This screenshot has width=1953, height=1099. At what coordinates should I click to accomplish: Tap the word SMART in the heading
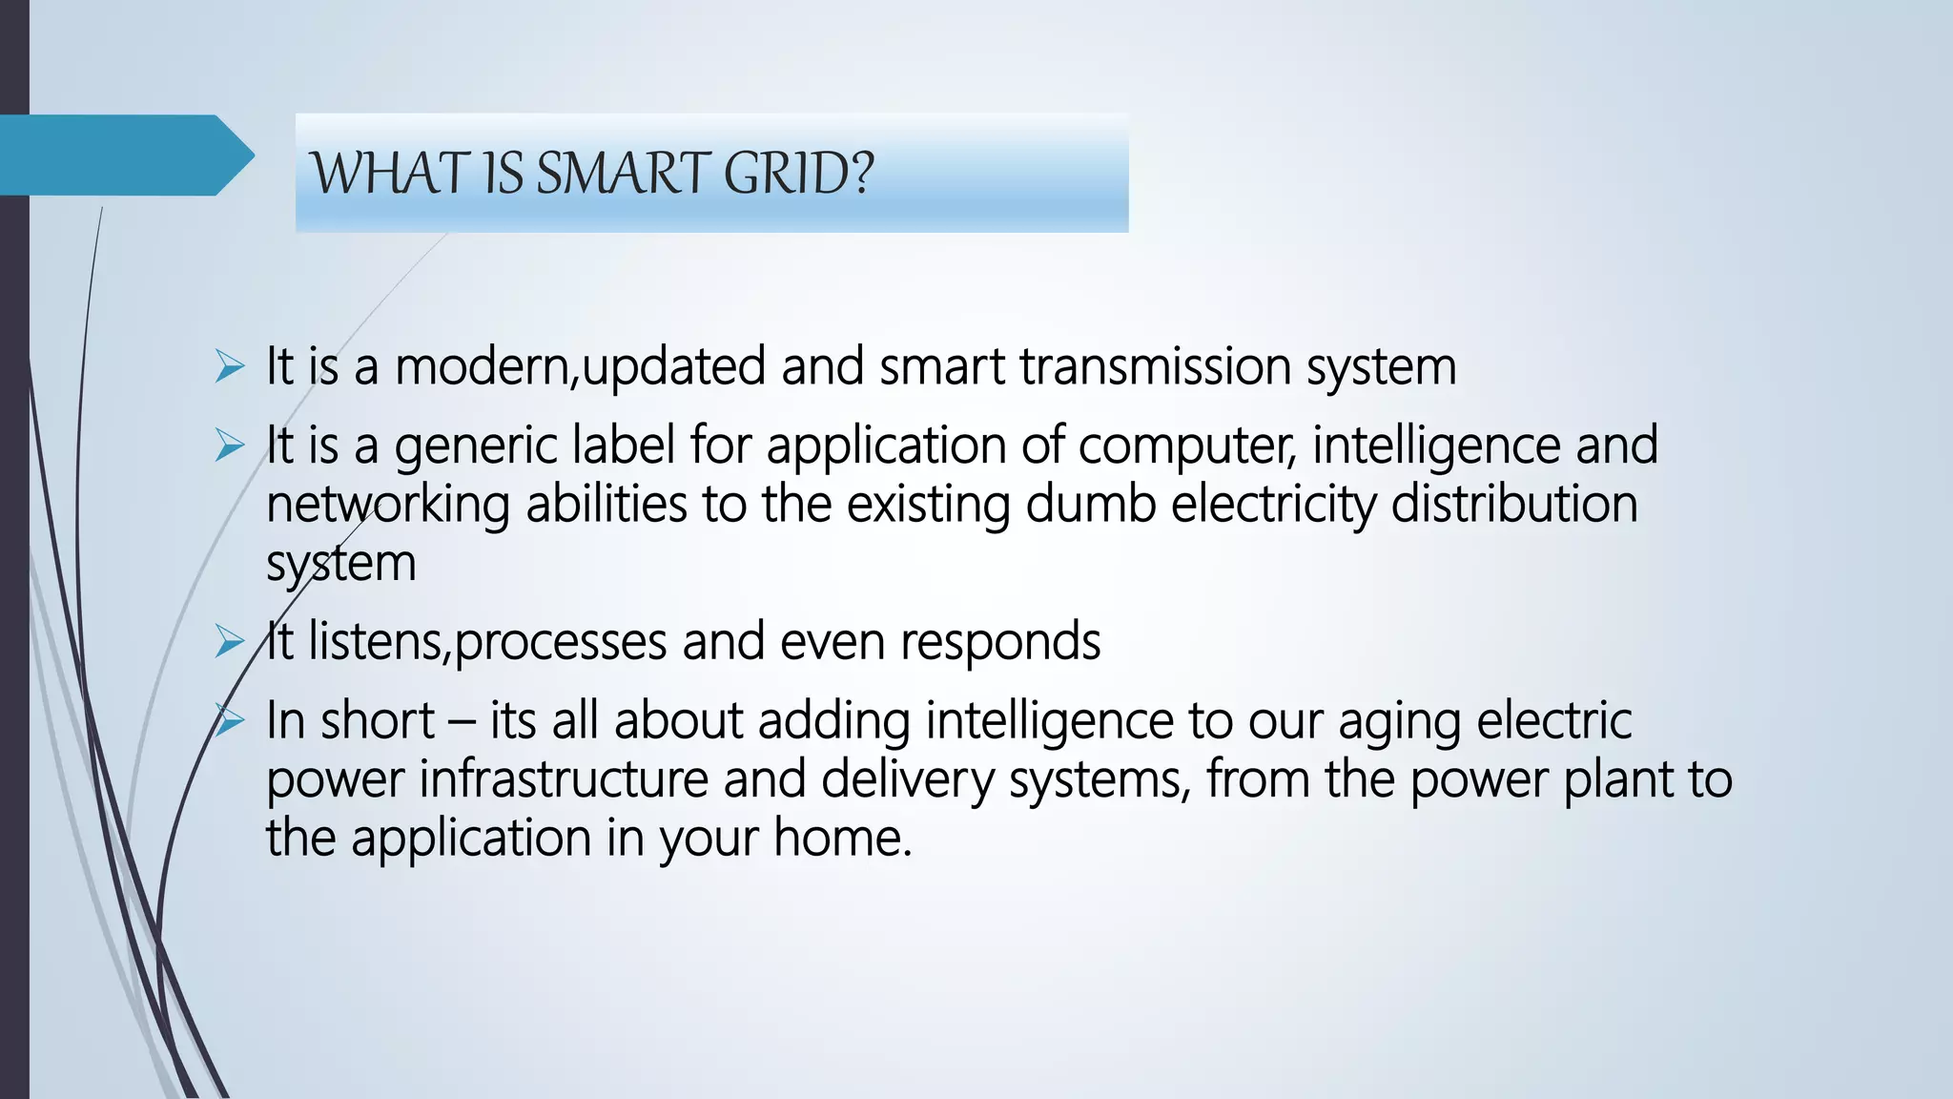[620, 174]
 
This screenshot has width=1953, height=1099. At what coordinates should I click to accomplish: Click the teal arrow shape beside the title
[124, 155]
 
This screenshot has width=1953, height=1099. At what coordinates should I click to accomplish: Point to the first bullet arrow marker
[230, 366]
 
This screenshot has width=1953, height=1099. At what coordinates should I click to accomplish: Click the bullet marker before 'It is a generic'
[230, 446]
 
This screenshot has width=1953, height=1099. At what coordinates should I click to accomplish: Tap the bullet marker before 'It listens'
[230, 641]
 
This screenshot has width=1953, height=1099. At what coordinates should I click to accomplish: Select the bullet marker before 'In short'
[230, 720]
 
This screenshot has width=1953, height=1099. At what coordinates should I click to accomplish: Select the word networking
[387, 504]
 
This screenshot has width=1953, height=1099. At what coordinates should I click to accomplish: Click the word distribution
[1513, 504]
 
